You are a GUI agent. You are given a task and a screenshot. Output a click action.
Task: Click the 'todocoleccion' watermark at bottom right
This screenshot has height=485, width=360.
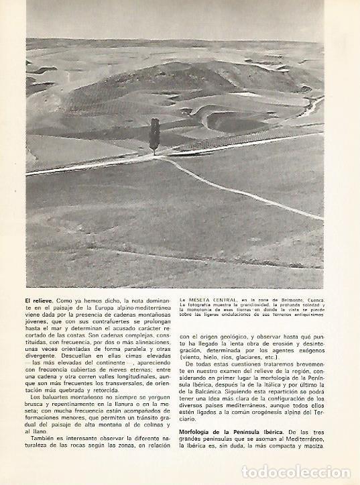point(299,471)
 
